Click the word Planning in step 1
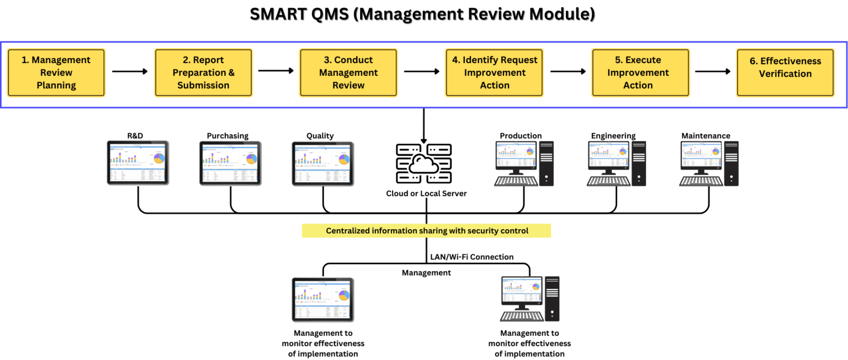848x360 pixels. pos(56,85)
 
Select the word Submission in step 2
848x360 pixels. pos(203,85)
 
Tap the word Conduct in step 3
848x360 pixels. pos(353,60)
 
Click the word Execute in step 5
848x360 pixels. pos(643,60)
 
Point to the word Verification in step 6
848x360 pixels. pos(785,73)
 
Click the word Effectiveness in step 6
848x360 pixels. pos(791,61)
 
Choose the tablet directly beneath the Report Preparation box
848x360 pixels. pos(230,162)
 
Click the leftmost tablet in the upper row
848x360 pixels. pos(137,162)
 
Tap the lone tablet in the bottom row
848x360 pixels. pos(322,299)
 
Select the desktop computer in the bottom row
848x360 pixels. pos(529,298)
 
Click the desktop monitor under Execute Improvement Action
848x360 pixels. pos(608,155)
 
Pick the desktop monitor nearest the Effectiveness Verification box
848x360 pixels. pos(701,155)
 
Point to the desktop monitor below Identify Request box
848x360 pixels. pos(516,155)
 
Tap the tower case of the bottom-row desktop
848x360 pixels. pos(552,298)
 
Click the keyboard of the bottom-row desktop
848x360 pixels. pos(521,316)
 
